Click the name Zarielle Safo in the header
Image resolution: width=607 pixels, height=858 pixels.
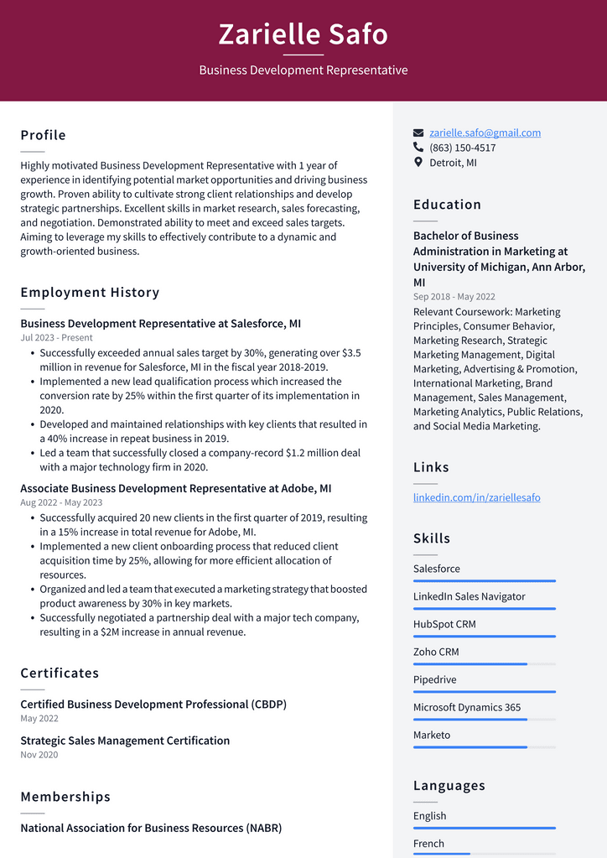tap(303, 34)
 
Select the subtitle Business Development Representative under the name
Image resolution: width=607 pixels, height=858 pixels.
tap(303, 70)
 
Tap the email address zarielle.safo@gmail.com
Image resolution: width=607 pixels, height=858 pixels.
tap(485, 133)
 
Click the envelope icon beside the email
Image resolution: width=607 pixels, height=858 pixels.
tap(418, 133)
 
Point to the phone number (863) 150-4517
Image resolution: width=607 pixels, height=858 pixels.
tap(462, 148)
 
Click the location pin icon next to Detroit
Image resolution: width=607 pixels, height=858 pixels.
tap(418, 162)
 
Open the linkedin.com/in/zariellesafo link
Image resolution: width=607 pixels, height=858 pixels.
tap(476, 497)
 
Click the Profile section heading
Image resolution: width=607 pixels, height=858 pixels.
tap(43, 135)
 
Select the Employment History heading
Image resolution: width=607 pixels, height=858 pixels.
tap(90, 292)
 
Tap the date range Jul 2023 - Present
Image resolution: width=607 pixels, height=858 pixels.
tap(56, 338)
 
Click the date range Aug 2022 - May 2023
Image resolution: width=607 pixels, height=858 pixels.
tap(61, 502)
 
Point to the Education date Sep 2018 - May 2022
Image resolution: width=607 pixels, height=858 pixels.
tap(454, 297)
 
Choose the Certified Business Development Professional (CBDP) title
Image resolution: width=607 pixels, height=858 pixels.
tap(153, 705)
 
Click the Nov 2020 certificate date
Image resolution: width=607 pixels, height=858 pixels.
tap(39, 755)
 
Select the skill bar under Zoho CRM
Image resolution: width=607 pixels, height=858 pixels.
tap(484, 664)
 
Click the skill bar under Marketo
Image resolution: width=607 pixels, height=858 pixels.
tap(484, 747)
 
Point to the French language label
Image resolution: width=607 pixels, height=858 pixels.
tap(428, 844)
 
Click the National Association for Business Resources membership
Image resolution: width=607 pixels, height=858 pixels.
tap(151, 828)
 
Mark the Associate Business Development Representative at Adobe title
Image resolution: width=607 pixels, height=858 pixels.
tap(175, 488)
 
